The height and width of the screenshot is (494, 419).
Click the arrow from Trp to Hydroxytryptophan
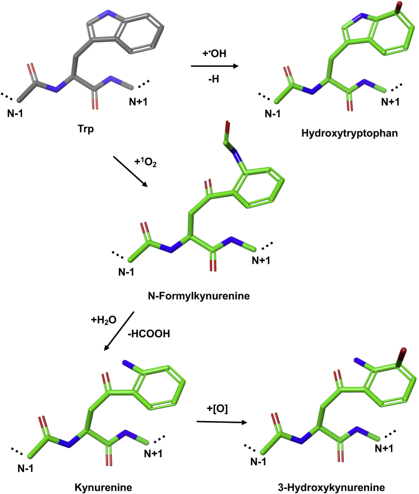point(214,66)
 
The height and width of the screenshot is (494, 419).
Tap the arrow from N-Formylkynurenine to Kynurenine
point(119,332)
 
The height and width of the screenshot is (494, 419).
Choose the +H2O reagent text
point(104,321)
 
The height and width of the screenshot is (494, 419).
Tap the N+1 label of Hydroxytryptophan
point(392,102)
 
